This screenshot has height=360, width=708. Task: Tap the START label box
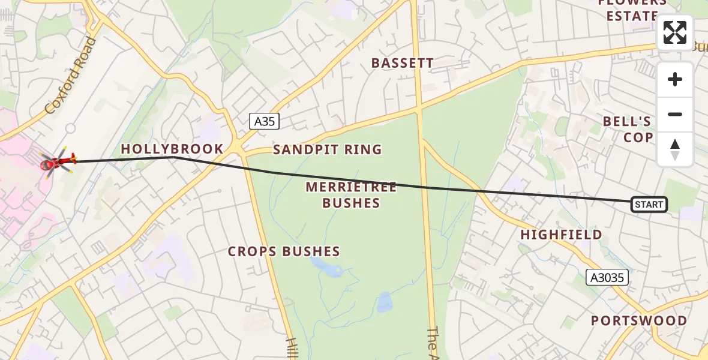pyautogui.click(x=649, y=205)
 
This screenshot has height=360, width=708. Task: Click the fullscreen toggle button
pyautogui.click(x=674, y=32)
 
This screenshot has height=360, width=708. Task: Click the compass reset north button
pyautogui.click(x=674, y=149)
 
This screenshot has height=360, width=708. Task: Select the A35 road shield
pyautogui.click(x=264, y=121)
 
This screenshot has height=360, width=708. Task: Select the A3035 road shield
pyautogui.click(x=607, y=277)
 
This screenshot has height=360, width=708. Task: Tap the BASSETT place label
pyautogui.click(x=402, y=63)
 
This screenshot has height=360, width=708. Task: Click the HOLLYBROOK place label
pyautogui.click(x=172, y=149)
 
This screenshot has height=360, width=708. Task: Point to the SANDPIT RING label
pyautogui.click(x=327, y=149)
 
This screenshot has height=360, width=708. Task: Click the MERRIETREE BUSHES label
pyautogui.click(x=351, y=195)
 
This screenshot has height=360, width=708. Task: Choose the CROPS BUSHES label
pyautogui.click(x=284, y=251)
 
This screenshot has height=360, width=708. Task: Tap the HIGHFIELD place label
pyautogui.click(x=561, y=235)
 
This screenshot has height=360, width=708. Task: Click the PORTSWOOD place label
pyautogui.click(x=639, y=320)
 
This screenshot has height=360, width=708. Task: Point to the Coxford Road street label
pyautogui.click(x=70, y=76)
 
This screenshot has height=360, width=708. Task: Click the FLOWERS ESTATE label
pyautogui.click(x=632, y=9)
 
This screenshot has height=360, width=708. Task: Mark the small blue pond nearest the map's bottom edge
pyautogui.click(x=384, y=302)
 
